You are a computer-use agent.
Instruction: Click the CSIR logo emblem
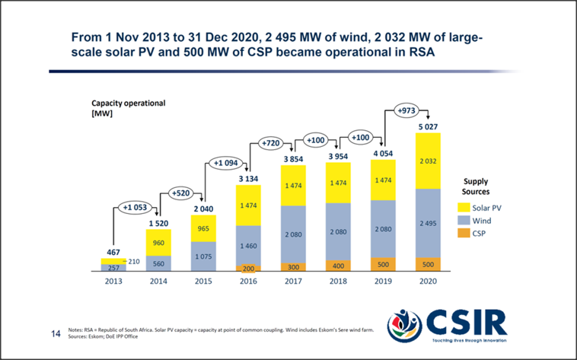[405, 327]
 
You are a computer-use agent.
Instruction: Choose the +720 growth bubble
[272, 142]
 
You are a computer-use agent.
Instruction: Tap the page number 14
[55, 333]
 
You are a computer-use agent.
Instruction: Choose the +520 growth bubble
[181, 193]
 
